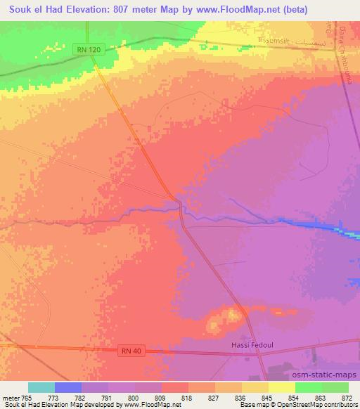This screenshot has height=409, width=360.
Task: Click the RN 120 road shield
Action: coord(86,48)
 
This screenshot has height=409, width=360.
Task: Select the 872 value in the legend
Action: coord(348,397)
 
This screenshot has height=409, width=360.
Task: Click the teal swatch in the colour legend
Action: coord(41,387)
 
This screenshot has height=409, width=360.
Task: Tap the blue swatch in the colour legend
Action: coord(68,387)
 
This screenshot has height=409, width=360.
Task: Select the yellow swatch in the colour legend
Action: coord(282,387)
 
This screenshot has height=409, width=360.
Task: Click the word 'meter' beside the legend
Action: coord(11,397)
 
